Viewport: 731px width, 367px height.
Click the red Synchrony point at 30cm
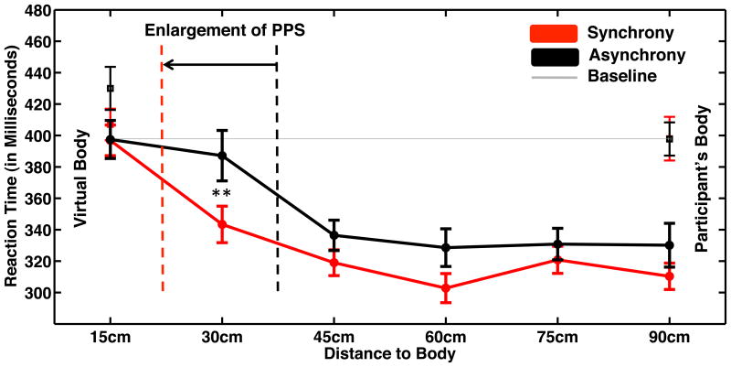point(222,224)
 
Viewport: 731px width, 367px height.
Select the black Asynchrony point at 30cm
point(222,156)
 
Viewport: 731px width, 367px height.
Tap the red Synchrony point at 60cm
point(445,288)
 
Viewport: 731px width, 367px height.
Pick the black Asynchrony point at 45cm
point(334,235)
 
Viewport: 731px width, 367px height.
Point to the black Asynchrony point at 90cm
point(669,245)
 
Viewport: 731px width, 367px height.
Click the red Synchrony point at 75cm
point(557,260)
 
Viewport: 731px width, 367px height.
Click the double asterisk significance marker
point(221,195)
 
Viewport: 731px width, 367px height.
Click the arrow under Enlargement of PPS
point(219,64)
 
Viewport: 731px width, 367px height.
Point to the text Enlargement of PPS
point(225,30)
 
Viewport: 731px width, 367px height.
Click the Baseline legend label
point(621,77)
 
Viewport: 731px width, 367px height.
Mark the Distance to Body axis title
point(389,352)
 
